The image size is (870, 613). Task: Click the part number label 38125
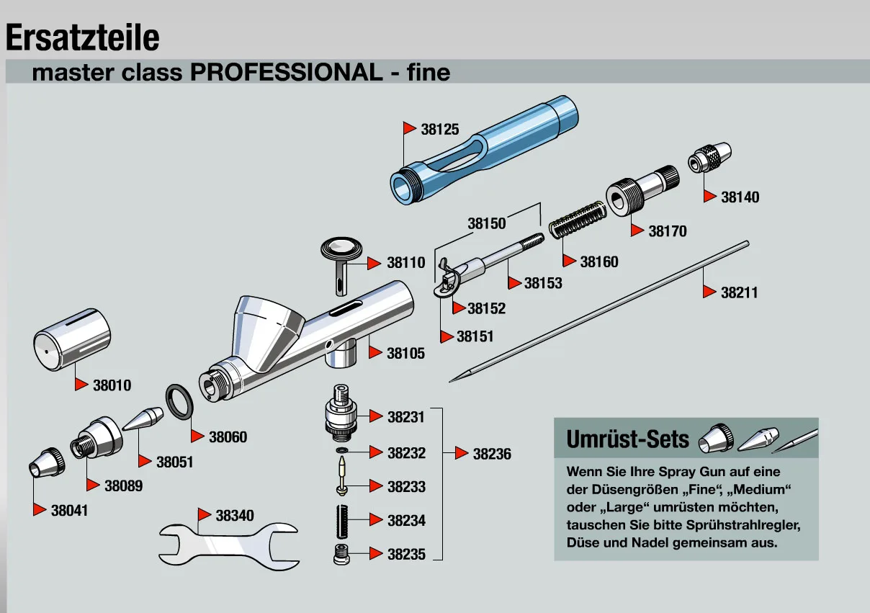click(439, 130)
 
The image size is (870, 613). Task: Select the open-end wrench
click(227, 540)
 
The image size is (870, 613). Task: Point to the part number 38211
click(740, 292)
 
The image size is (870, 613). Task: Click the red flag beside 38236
click(462, 453)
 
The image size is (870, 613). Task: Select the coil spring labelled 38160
click(575, 219)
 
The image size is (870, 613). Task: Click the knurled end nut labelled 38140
click(711, 157)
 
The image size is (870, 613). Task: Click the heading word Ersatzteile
click(82, 37)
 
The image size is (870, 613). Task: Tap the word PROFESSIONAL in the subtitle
click(285, 72)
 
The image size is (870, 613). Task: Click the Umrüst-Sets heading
click(628, 439)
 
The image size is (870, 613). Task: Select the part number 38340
click(235, 516)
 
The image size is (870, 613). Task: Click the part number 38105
click(405, 353)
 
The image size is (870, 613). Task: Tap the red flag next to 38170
click(637, 231)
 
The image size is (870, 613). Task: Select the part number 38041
click(69, 510)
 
